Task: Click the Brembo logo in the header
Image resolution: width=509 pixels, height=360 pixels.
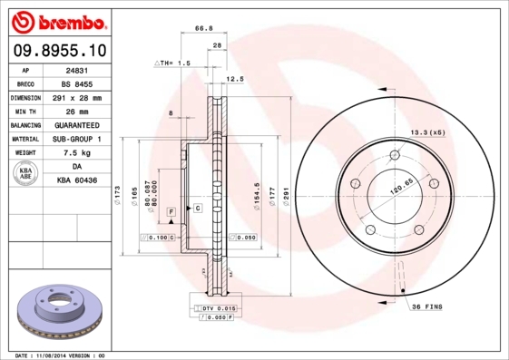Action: coord(59,22)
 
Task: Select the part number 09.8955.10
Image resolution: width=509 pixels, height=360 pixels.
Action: coord(60,50)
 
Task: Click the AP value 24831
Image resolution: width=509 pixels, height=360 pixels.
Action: coord(77,71)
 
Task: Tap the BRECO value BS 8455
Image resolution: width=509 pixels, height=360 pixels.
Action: coord(77,84)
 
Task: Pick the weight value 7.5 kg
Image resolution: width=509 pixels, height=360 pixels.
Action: coord(77,152)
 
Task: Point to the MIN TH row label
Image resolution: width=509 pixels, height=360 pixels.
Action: coord(25,112)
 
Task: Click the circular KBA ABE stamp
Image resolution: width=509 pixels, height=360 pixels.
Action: coord(25,173)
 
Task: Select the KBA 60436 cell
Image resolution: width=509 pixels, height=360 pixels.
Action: coord(77,180)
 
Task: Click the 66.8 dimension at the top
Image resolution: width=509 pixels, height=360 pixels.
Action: coord(204,28)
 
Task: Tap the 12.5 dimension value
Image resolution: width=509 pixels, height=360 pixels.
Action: coord(235,79)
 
